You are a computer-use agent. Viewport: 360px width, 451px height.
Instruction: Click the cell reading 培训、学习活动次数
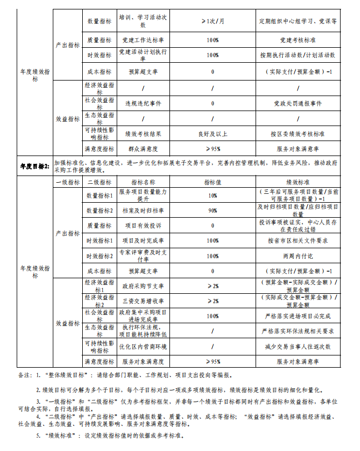click(x=143, y=21)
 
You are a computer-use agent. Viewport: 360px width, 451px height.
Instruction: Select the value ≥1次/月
click(x=213, y=21)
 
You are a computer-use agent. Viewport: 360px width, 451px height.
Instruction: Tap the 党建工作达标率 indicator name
click(x=143, y=41)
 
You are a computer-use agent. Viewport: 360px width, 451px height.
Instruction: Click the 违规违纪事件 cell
click(x=143, y=103)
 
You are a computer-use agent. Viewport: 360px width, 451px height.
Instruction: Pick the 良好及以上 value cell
click(x=213, y=134)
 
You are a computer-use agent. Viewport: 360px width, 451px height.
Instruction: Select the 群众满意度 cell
click(x=143, y=149)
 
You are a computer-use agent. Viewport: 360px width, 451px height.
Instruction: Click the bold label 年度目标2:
click(x=34, y=165)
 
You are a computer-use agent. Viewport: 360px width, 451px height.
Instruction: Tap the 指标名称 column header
click(x=143, y=182)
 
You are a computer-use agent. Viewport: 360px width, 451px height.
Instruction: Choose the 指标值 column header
click(x=213, y=182)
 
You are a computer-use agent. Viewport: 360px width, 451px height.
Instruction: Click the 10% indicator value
click(x=213, y=196)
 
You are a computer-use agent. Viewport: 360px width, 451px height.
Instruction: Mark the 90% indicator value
click(x=213, y=211)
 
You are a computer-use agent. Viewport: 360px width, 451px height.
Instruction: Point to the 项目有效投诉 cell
click(x=143, y=225)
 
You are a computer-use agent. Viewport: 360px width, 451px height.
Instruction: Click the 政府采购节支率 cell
click(x=143, y=286)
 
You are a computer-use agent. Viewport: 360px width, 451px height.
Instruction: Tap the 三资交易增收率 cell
click(x=143, y=301)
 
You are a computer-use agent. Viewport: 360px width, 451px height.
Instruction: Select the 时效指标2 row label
click(x=99, y=256)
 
